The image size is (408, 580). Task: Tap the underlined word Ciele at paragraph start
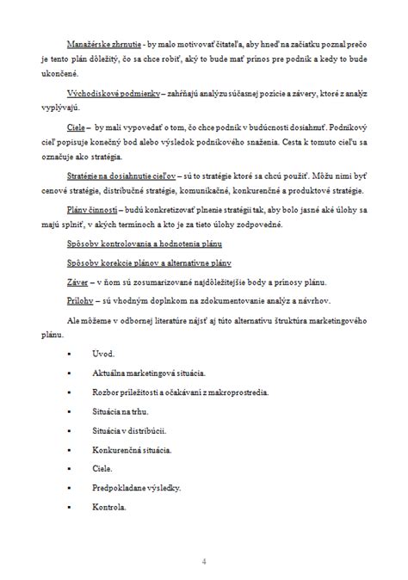pos(76,126)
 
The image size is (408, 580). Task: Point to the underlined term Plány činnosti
pos(92,208)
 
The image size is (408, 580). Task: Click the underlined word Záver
pos(77,281)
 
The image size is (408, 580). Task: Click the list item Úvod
pos(102,354)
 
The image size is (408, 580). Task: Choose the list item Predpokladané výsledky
pos(136,488)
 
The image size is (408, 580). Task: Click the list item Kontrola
pos(108,507)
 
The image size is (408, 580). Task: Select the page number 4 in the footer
pos(204,561)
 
